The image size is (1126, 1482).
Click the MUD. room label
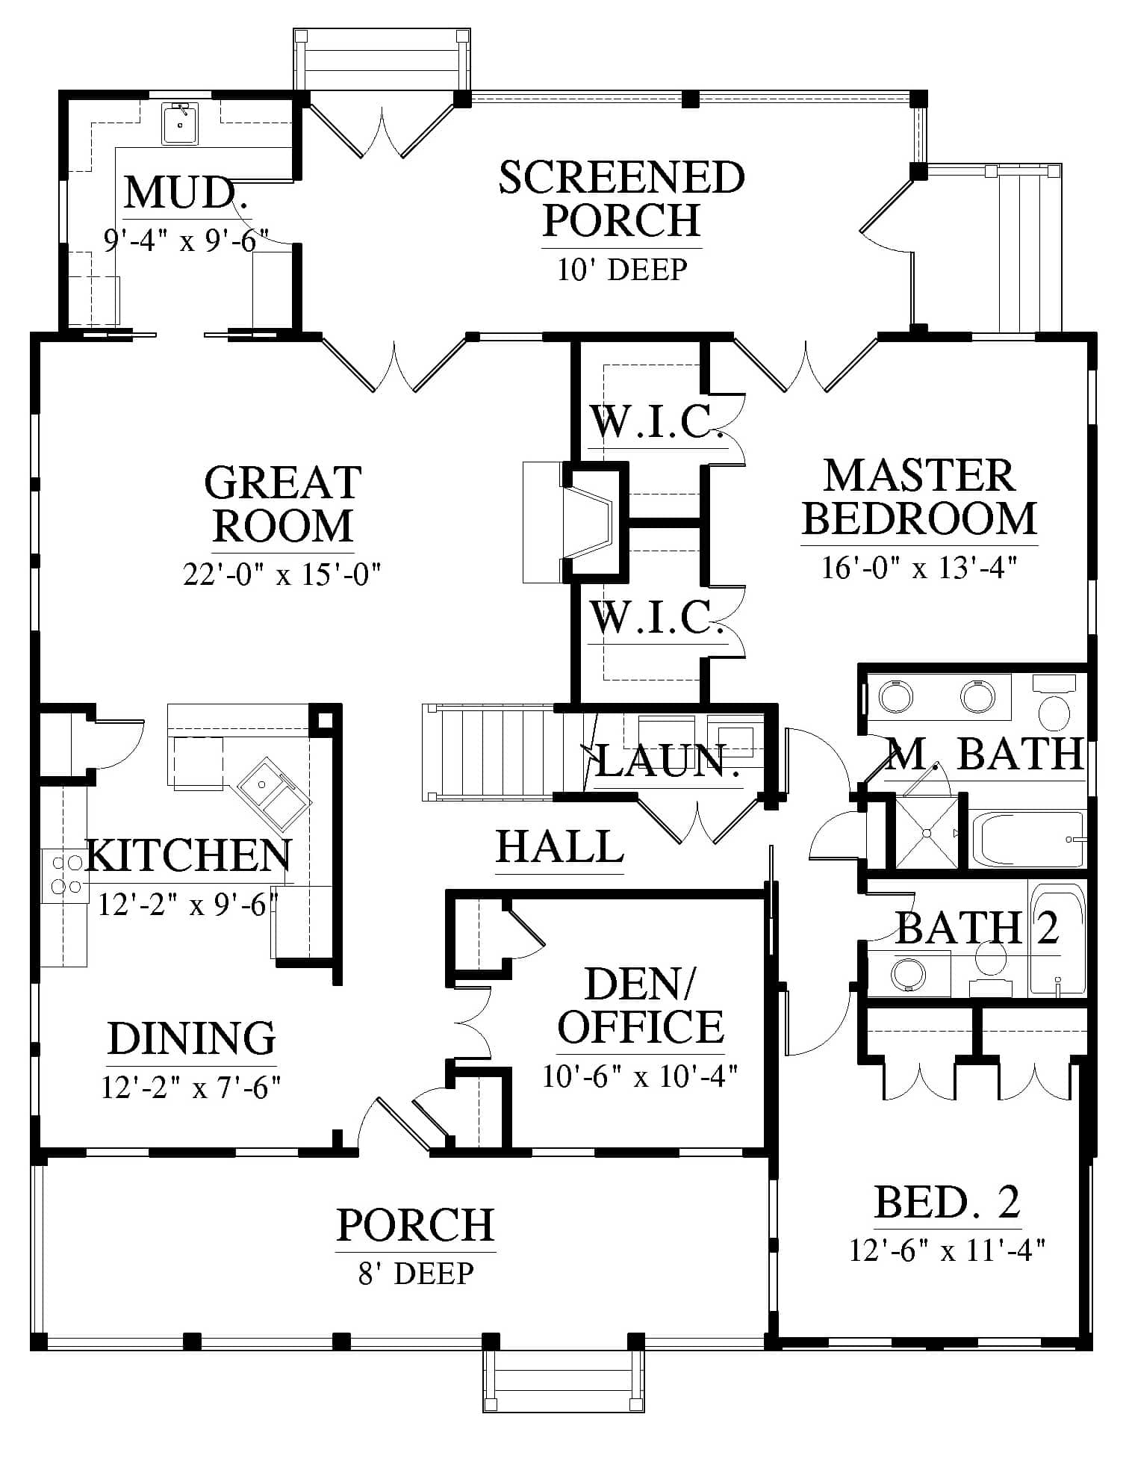(x=186, y=193)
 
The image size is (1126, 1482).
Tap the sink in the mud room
(x=179, y=123)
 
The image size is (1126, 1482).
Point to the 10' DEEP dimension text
(x=622, y=269)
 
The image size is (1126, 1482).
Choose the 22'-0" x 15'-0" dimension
(x=282, y=574)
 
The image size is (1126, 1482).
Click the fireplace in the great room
(x=573, y=521)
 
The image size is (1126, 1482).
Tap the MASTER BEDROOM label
(x=920, y=497)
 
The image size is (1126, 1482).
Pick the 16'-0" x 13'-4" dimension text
(x=919, y=567)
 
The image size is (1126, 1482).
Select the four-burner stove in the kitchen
(x=64, y=875)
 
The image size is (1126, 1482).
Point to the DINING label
(x=191, y=1038)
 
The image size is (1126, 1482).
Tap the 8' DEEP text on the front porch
(x=416, y=1273)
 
